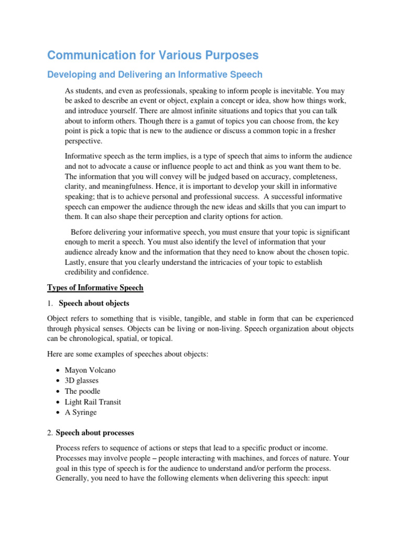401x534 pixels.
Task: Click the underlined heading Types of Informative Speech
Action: (95, 288)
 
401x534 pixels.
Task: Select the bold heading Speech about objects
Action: (95, 303)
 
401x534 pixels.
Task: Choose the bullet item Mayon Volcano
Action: (90, 370)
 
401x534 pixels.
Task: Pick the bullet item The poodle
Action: (82, 391)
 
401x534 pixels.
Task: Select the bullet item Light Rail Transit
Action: (91, 402)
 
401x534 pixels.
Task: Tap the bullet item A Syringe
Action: (81, 412)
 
